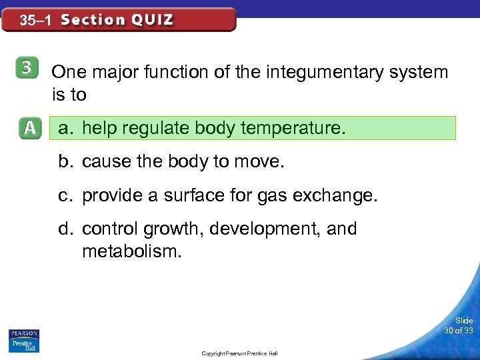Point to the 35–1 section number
[x=36, y=21]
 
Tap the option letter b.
[x=65, y=162]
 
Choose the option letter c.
[x=65, y=195]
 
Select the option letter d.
[x=65, y=229]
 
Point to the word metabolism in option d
[x=131, y=252]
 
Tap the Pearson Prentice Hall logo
[x=24, y=340]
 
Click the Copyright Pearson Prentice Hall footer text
[x=239, y=353]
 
